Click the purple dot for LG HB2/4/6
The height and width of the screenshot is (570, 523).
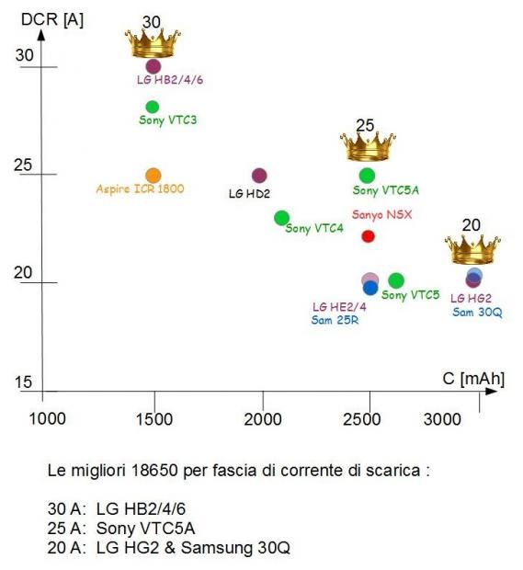click(x=153, y=66)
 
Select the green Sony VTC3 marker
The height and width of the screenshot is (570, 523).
click(x=153, y=107)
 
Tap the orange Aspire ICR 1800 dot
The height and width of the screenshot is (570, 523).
click(x=153, y=176)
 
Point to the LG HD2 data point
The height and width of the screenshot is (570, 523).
click(x=259, y=176)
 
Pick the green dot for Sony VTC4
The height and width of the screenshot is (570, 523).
click(x=281, y=218)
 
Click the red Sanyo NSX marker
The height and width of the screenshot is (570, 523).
click(x=369, y=236)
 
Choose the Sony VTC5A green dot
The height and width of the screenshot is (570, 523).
click(x=367, y=176)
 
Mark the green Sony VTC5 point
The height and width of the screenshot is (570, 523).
click(x=396, y=280)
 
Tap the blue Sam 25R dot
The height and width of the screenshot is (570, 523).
click(x=370, y=289)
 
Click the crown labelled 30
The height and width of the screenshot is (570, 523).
click(x=153, y=43)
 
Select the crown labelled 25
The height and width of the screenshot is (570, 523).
click(x=368, y=147)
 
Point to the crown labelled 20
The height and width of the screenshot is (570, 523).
click(x=472, y=250)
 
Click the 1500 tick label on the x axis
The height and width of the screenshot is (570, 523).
click(x=154, y=419)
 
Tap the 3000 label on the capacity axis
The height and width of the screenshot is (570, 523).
click(x=442, y=419)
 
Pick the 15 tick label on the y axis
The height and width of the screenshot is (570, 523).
click(x=23, y=382)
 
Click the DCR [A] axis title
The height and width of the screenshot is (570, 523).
click(x=52, y=19)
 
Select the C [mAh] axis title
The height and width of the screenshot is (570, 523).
click(x=473, y=379)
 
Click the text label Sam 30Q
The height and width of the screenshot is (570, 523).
click(x=477, y=313)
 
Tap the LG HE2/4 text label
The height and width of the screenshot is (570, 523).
click(x=339, y=307)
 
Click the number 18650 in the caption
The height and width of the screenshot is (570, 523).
click(x=154, y=471)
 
